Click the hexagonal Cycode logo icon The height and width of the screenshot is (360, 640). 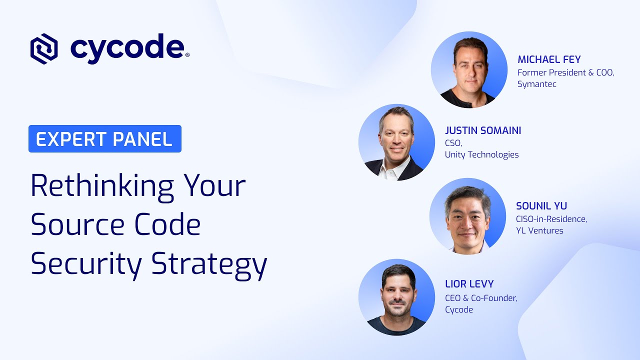44,48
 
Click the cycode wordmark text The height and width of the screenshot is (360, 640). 127,48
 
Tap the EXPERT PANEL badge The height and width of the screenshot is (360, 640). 104,139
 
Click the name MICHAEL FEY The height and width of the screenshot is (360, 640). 549,59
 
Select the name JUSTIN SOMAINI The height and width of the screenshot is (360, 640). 483,130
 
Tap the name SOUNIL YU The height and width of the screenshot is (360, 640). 541,206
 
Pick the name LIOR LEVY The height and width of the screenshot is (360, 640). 469,284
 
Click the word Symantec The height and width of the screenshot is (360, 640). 536,84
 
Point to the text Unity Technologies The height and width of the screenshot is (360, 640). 481,154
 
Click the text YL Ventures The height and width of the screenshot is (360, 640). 539,230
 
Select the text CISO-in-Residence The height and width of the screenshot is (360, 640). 551,218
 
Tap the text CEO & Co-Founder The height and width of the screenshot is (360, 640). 481,298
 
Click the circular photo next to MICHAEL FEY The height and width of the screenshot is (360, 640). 469,70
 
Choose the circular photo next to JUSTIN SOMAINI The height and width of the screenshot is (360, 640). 396,142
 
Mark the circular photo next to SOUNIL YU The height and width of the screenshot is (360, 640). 467,216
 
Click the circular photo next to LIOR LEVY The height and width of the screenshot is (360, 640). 396,297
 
